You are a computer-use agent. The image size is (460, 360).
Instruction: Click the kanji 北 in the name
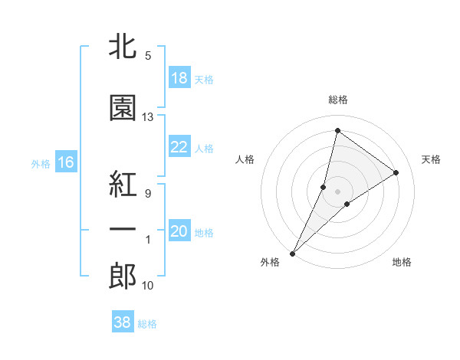(x=123, y=47)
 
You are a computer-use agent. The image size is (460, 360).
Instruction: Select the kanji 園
(x=123, y=108)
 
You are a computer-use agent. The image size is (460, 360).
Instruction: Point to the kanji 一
(x=123, y=231)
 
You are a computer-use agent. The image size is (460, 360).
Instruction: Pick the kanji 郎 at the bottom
(x=123, y=277)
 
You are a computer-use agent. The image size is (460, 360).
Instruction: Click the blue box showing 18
(x=179, y=77)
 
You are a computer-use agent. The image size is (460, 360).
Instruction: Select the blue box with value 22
(x=179, y=147)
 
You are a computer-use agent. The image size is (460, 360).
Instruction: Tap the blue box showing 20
(x=179, y=231)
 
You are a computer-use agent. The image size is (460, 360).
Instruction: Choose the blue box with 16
(x=65, y=162)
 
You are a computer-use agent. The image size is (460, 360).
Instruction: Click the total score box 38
(x=123, y=322)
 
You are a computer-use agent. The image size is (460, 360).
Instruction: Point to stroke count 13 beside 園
(x=147, y=117)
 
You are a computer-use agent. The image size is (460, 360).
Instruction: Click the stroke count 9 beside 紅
(x=147, y=193)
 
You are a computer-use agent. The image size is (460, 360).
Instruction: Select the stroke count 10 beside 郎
(x=147, y=286)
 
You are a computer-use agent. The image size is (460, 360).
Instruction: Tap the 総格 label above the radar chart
(x=337, y=100)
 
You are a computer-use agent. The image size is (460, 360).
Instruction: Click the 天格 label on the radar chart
(x=432, y=159)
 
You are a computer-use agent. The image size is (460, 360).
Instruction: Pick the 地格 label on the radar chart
(x=402, y=262)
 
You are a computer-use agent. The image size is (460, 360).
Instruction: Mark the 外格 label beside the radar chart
(x=270, y=262)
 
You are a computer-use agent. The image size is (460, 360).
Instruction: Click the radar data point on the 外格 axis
(x=292, y=253)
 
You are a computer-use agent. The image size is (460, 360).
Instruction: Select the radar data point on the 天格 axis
(x=396, y=172)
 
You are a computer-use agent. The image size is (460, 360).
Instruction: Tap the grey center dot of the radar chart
(x=337, y=191)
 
